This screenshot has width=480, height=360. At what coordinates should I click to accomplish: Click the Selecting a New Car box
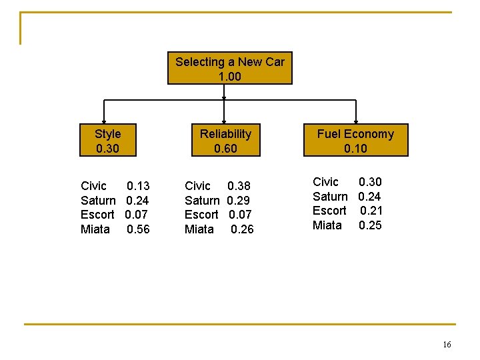pos(229,69)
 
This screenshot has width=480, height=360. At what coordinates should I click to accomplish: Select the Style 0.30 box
pos(108,141)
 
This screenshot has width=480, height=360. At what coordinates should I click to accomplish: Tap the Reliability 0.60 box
pos(225,141)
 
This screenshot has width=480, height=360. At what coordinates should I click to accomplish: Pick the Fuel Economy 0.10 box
pos(355,141)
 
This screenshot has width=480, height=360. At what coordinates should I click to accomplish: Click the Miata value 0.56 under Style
pos(138,229)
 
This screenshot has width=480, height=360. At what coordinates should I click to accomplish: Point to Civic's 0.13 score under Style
pos(138,186)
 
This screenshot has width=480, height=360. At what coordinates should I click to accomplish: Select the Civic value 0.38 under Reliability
pos(239,186)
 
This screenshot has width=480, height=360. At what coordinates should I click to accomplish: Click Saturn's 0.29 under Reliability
pos(239,200)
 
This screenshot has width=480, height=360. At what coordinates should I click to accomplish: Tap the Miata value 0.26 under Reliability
pos(242,229)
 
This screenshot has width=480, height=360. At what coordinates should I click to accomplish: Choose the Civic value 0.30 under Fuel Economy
pos(370,182)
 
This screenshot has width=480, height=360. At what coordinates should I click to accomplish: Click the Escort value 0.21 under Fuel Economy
pos(371,211)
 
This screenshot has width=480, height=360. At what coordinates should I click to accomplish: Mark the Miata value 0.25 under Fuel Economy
pos(370,225)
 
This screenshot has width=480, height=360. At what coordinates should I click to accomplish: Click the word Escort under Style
pos(97,215)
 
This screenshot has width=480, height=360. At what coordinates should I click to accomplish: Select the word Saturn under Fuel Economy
pos(330,197)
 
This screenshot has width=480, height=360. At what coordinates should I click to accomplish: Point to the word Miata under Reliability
pos(199,229)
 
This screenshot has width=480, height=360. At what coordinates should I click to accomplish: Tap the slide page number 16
pos(447,345)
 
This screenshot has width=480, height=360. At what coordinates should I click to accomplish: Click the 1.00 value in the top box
pos(229,77)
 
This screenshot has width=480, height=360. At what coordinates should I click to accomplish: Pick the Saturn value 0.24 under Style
pos(137,200)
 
